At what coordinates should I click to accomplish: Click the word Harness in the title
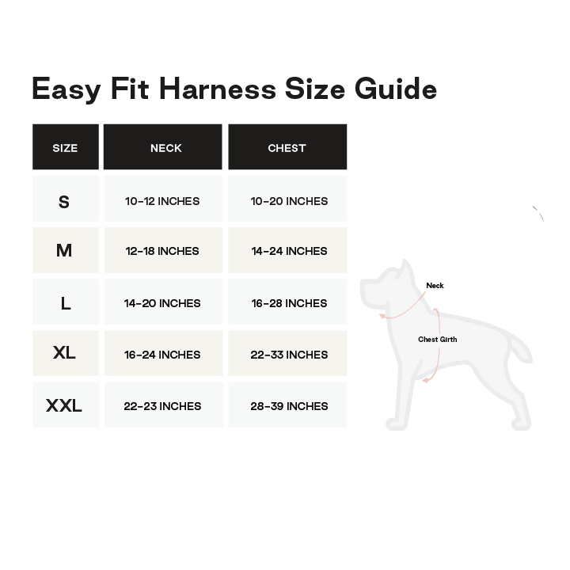(x=218, y=89)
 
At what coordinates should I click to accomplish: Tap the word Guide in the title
(x=396, y=89)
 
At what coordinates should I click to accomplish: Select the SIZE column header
(x=65, y=148)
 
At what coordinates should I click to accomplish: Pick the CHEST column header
(x=287, y=148)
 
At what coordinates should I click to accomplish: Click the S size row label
(x=64, y=202)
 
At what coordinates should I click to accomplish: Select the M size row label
(x=64, y=250)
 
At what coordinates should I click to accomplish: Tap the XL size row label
(x=64, y=352)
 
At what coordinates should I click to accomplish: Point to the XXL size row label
(x=64, y=405)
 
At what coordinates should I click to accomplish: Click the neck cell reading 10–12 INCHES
(x=162, y=201)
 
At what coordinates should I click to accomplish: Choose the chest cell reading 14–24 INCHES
(x=289, y=251)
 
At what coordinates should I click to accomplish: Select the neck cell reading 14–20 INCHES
(x=162, y=303)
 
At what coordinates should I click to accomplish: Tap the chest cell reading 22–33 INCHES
(x=289, y=355)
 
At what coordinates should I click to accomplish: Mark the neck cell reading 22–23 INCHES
(x=162, y=406)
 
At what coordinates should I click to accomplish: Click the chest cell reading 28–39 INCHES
(x=289, y=406)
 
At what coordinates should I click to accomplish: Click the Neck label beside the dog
(x=435, y=286)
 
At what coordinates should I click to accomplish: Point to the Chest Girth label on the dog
(x=437, y=340)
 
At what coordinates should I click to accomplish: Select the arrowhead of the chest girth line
(x=426, y=380)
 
